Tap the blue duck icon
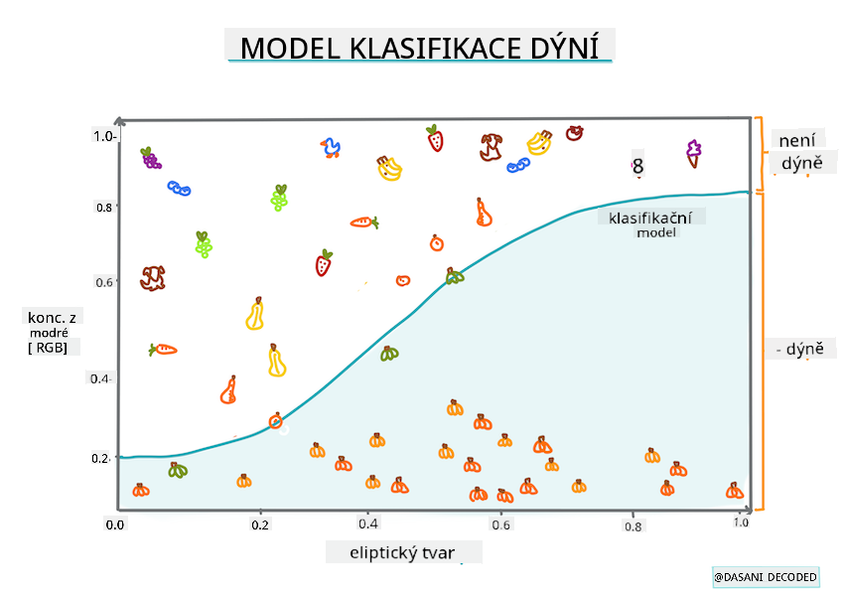[x=330, y=148]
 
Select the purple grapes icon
[x=150, y=157]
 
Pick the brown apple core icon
[x=491, y=147]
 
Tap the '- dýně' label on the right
[x=806, y=350]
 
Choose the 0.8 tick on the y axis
[x=104, y=208]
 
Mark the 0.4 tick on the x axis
[x=367, y=523]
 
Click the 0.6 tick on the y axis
[x=104, y=282]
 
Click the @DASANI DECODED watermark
[x=765, y=577]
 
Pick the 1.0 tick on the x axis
[x=739, y=522]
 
